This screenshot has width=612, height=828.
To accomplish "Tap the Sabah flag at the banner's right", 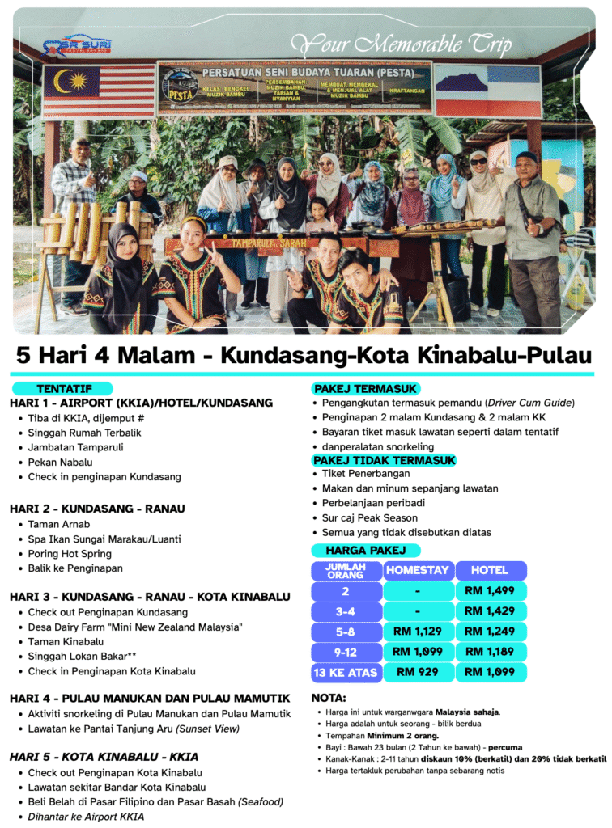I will pos(487,90).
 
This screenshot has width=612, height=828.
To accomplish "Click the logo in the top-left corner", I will pos(78,45).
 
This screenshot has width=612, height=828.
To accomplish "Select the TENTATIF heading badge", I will pos(64,389).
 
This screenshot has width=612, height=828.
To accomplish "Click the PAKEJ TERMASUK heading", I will pos(365,388).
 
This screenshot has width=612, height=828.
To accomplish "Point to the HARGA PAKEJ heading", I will pos(365,550).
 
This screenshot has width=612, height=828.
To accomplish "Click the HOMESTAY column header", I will pos(417,570).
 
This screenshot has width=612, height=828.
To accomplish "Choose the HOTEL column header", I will pos(490,570).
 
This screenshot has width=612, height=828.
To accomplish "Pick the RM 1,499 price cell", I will pos(490,591).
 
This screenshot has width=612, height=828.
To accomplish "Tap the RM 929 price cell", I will pos(417,672).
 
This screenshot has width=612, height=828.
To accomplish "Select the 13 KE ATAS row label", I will pos(346,672).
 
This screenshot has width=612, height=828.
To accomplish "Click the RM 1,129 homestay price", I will pos(417,632).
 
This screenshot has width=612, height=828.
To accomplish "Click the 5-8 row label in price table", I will pos(346,632).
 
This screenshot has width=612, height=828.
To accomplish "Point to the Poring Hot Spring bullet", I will pos(70,554).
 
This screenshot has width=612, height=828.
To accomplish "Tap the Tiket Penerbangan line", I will pos(366,474).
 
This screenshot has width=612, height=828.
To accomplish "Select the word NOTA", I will pos(329,697).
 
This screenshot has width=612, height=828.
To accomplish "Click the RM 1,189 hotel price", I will pos(490,652).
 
